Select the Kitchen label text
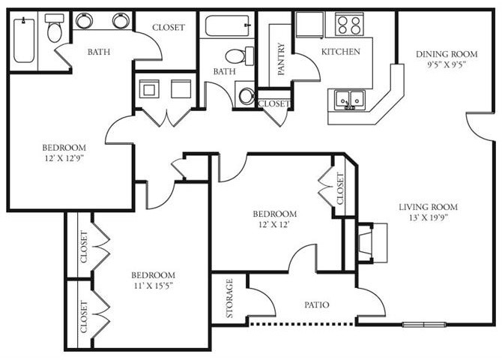[341, 52]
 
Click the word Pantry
[282, 60]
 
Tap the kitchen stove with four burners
[348, 24]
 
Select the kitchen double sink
[348, 98]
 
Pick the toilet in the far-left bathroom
[54, 28]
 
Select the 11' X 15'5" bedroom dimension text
[153, 286]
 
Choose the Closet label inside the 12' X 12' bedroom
[339, 189]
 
